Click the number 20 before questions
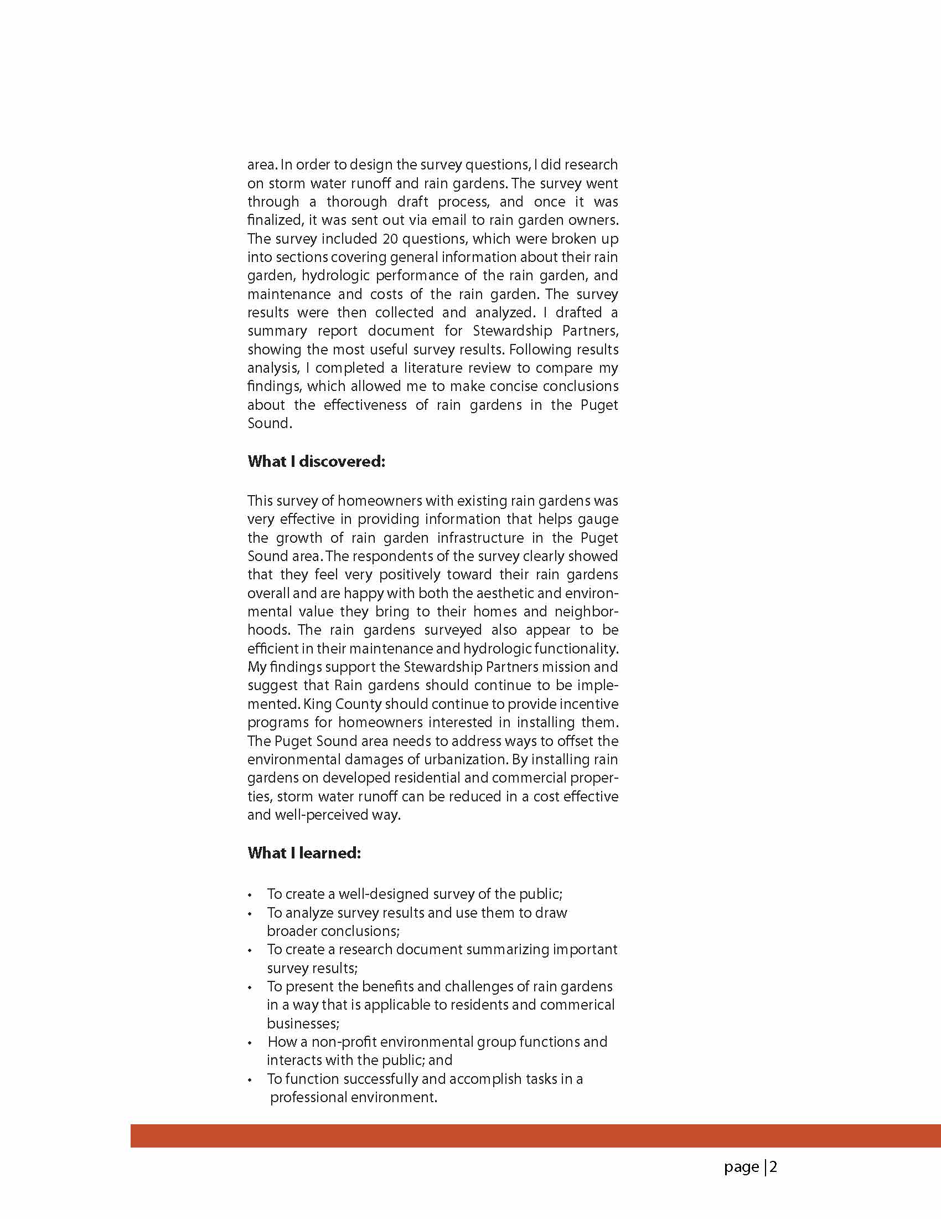(x=390, y=239)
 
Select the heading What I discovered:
(x=316, y=461)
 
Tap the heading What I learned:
(x=304, y=853)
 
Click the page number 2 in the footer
(x=773, y=1167)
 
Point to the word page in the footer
(x=741, y=1167)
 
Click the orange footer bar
(x=535, y=1135)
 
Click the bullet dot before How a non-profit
(x=250, y=1043)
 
